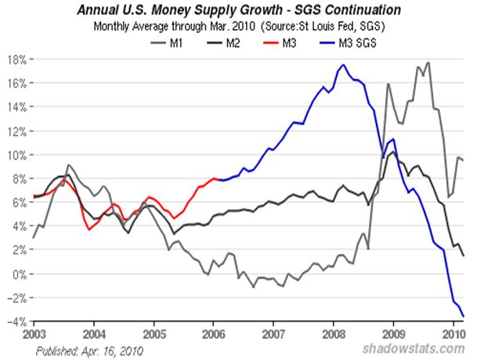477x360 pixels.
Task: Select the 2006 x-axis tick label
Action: point(212,333)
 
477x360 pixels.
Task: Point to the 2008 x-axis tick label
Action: point(332,333)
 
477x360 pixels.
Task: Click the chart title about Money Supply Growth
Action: point(240,11)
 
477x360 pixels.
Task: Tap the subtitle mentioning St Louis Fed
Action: point(240,27)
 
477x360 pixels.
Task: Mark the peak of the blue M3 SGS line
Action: point(342,65)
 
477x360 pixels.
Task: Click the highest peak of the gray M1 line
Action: point(428,62)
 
